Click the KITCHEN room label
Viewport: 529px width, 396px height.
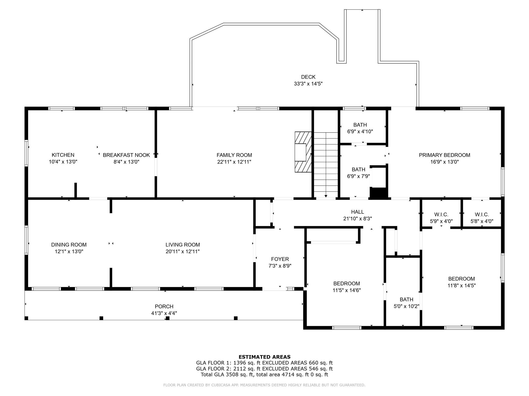[63, 155]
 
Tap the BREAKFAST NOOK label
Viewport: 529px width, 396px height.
[126, 155]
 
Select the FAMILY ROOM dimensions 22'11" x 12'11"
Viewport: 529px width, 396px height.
[234, 162]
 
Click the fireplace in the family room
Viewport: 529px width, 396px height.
[303, 152]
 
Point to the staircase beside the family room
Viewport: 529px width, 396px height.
[326, 165]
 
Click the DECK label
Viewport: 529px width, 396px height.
[308, 77]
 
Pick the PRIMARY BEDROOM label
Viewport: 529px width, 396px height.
[444, 155]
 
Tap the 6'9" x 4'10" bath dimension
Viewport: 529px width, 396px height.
[360, 131]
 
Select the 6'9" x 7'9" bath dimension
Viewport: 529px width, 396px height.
[359, 176]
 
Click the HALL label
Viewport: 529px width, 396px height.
[357, 212]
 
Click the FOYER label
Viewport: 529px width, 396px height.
[280, 259]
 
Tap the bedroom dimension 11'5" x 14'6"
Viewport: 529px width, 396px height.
[347, 290]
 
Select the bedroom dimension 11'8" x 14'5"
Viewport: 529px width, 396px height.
[462, 285]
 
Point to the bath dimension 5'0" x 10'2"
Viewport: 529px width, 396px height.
[407, 306]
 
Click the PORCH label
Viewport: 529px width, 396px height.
[164, 307]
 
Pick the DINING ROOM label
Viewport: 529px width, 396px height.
[69, 245]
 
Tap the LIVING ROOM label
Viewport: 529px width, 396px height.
[183, 245]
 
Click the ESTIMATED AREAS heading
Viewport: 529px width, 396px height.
[264, 357]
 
